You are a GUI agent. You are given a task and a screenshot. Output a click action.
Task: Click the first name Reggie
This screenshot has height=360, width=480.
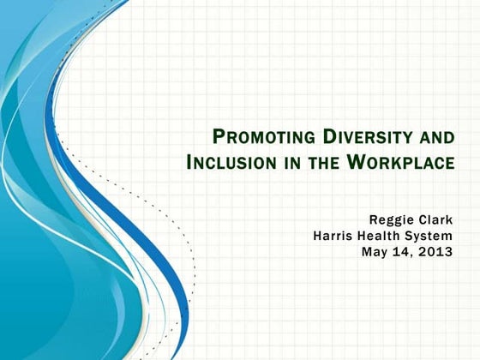[390, 219]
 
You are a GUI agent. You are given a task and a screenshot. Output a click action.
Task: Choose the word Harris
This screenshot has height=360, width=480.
[335, 236]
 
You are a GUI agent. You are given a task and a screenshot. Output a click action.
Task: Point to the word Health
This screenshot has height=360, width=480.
[385, 236]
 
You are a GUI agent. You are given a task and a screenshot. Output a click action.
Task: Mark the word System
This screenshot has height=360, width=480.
[433, 236]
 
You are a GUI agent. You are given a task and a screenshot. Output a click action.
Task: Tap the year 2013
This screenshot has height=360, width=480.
[438, 251]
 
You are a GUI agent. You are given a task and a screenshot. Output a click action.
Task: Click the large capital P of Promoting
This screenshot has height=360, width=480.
[218, 136]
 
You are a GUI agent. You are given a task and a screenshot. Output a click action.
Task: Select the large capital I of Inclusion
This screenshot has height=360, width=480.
[189, 161]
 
